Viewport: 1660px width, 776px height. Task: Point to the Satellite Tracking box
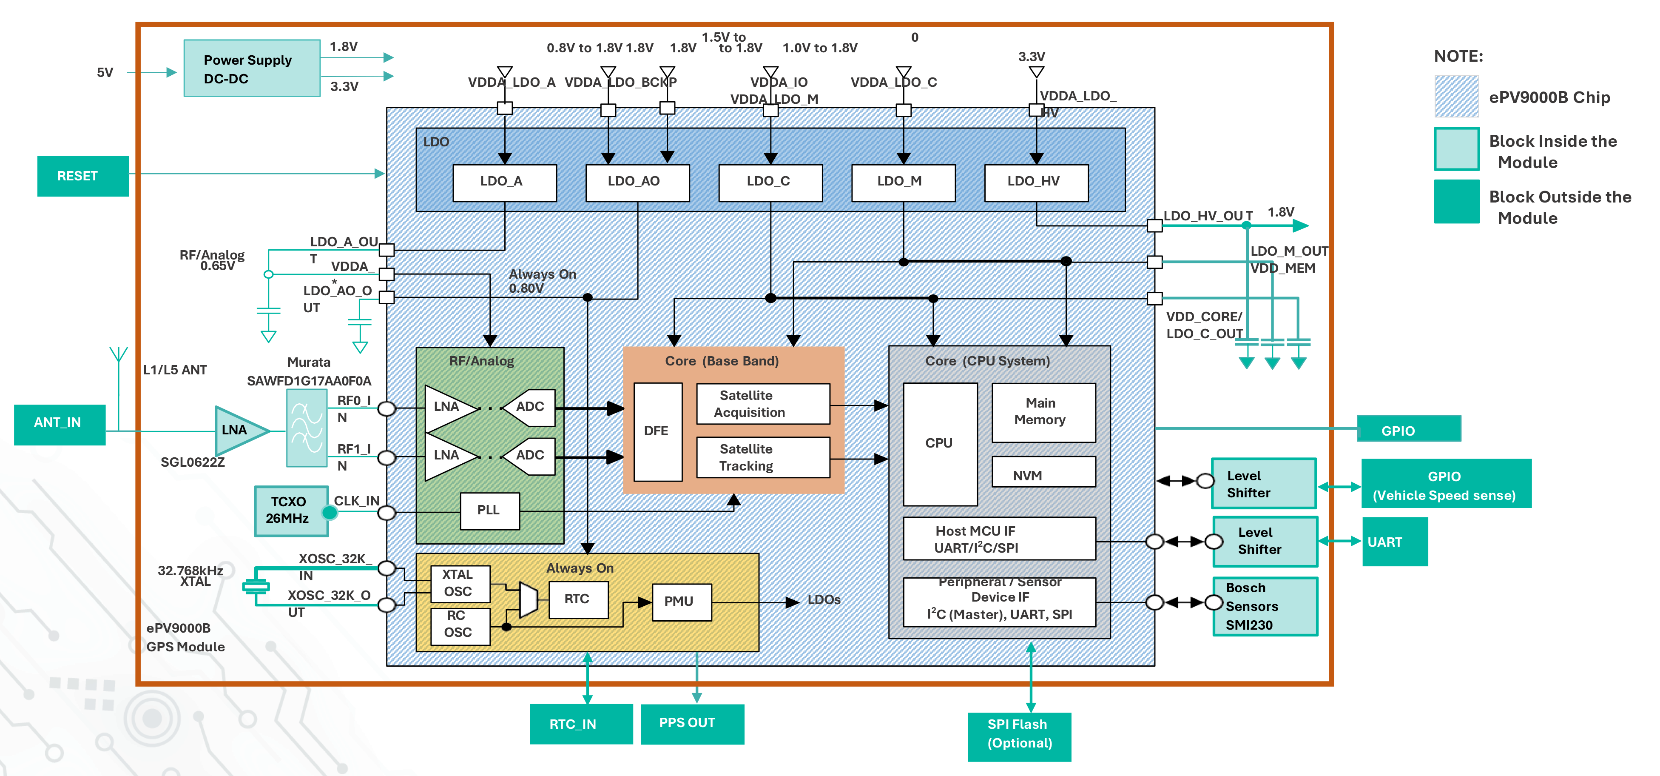point(763,458)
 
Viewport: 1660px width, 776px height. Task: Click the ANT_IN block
point(59,423)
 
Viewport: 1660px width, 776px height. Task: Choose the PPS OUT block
point(692,724)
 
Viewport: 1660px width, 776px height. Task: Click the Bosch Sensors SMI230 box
point(1264,607)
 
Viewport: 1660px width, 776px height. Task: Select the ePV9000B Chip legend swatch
point(1456,97)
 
